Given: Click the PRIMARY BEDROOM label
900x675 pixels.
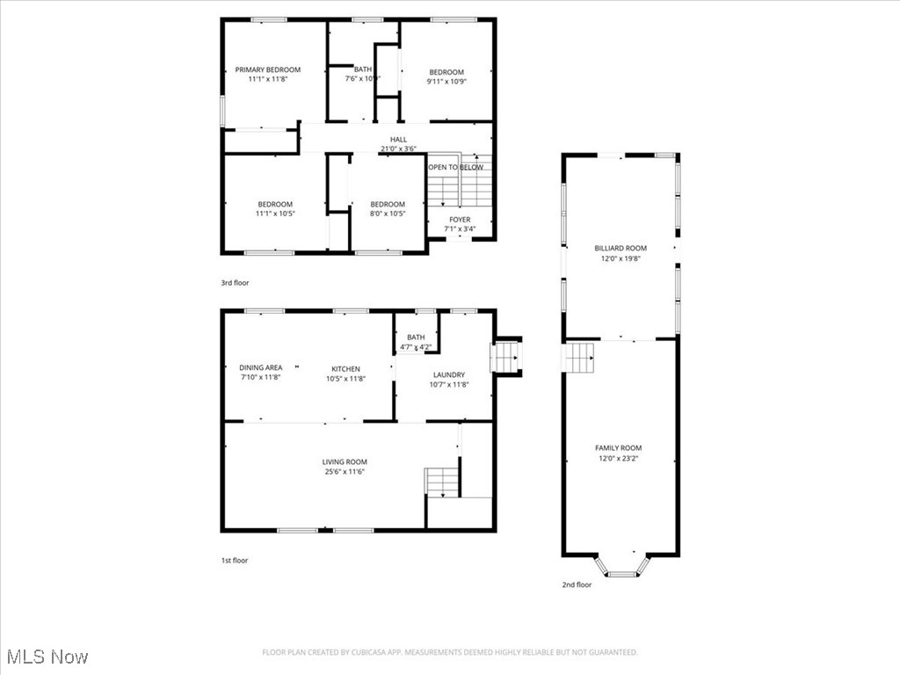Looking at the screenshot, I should [x=267, y=69].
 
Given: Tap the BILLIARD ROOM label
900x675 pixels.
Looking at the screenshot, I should [x=620, y=249].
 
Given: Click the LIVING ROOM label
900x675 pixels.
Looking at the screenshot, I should [x=345, y=461].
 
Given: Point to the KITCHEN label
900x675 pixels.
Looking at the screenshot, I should [x=345, y=368].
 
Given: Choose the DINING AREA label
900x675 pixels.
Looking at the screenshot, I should [x=261, y=368].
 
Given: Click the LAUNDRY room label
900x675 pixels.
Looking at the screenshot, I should [x=448, y=374].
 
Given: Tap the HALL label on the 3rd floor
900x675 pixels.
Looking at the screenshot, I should [x=399, y=139].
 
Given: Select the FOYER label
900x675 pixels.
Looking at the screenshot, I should [x=460, y=220].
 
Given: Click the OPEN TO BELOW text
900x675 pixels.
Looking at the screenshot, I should [x=455, y=167].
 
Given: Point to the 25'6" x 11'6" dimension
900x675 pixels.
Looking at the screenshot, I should [x=345, y=472].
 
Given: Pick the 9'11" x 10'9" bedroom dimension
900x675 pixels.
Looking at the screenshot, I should [x=446, y=81].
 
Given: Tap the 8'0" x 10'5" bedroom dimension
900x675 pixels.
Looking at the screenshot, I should [x=388, y=214].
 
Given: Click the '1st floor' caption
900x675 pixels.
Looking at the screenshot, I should [x=234, y=560].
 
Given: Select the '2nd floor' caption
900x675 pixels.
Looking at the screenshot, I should [x=577, y=584].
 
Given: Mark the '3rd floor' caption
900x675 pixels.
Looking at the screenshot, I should [x=235, y=283].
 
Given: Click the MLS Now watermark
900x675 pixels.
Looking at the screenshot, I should [x=47, y=657].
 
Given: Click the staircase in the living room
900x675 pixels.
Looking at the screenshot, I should [x=442, y=482].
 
